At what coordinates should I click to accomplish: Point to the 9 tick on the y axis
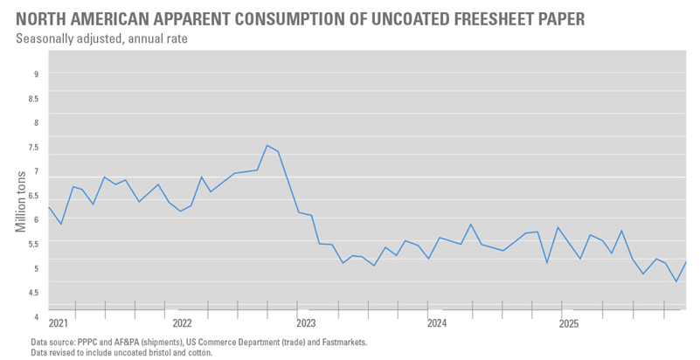(37, 74)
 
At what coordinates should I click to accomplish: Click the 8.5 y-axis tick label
(34, 99)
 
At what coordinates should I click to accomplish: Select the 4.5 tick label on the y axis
(34, 293)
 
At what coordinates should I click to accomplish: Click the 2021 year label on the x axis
(59, 323)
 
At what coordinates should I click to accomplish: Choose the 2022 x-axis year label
(183, 323)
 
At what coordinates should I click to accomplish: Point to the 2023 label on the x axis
(306, 323)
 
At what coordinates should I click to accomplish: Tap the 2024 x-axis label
(437, 323)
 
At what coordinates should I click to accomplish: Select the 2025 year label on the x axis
(568, 323)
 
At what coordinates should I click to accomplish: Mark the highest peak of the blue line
(267, 145)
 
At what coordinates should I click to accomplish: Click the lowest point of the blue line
(676, 281)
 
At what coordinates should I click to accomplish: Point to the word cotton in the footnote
(198, 353)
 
